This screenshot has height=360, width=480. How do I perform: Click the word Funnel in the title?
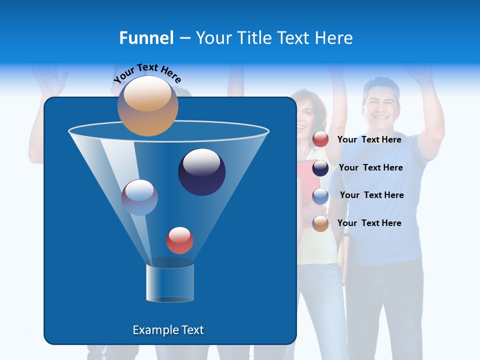[x=146, y=38]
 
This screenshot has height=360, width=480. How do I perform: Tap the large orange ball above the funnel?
[x=147, y=106]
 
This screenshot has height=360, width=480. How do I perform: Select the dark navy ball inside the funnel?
[x=201, y=172]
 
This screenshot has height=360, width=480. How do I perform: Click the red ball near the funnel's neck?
[x=179, y=240]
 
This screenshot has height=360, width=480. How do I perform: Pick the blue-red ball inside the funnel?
[x=139, y=197]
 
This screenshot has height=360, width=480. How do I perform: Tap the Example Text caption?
[x=168, y=330]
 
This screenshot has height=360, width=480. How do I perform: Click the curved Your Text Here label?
[x=147, y=72]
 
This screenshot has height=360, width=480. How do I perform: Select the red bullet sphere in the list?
[x=320, y=139]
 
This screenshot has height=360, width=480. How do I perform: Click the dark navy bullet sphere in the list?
[x=320, y=168]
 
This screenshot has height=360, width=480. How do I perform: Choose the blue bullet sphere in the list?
[x=320, y=196]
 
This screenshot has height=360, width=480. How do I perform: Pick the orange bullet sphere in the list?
[x=320, y=223]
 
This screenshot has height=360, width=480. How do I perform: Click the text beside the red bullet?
[x=369, y=139]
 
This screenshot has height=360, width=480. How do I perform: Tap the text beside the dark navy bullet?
[x=370, y=167]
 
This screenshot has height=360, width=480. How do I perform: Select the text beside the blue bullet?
[x=371, y=195]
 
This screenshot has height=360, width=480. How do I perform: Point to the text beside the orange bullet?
[x=369, y=223]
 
